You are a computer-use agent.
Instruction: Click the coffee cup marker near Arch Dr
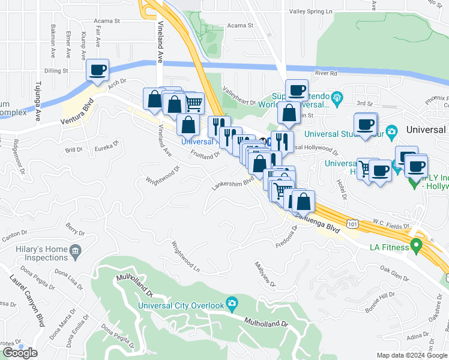pyautogui.click(x=97, y=70)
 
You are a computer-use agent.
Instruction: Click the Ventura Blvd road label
pyautogui.click(x=77, y=113)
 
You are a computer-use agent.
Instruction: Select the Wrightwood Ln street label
pyautogui.click(x=185, y=256)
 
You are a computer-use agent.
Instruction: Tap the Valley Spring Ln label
pyautogui.click(x=310, y=11)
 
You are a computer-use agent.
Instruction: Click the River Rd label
pyautogui.click(x=326, y=73)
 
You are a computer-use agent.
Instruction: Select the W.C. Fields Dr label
pyautogui.click(x=391, y=222)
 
